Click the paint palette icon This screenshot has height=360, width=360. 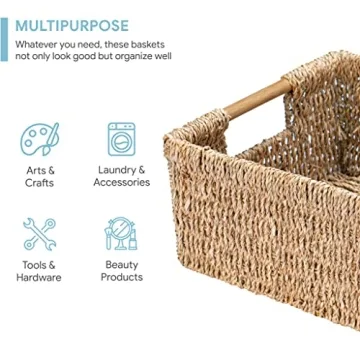pyautogui.click(x=39, y=140)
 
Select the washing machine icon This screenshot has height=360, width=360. pyautogui.click(x=121, y=140)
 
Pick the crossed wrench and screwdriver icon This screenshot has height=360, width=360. pyautogui.click(x=39, y=234)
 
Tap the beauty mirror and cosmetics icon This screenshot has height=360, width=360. pyautogui.click(x=121, y=234)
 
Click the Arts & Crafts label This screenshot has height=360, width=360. pyautogui.click(x=39, y=176)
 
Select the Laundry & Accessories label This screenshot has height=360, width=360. pyautogui.click(x=121, y=176)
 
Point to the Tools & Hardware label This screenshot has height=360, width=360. pyautogui.click(x=39, y=270)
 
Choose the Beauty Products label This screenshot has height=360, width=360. pyautogui.click(x=121, y=270)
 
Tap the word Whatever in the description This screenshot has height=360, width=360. pyautogui.click(x=40, y=45)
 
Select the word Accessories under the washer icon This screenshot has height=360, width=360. pyautogui.click(x=121, y=183)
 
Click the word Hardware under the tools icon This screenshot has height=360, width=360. pyautogui.click(x=39, y=277)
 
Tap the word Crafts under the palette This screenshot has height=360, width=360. pyautogui.click(x=39, y=183)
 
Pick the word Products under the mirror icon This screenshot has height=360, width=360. pyautogui.click(x=121, y=277)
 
